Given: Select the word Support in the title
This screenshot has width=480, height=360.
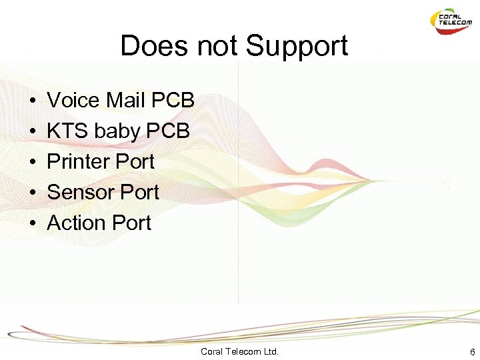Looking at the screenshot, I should click(297, 47).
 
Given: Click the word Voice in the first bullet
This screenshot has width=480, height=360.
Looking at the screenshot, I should click(73, 101).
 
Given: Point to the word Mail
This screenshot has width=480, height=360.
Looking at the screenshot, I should click(125, 101).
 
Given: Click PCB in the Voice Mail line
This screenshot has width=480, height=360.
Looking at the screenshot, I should click(173, 101).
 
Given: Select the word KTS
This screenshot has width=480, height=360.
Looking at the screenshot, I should click(67, 131).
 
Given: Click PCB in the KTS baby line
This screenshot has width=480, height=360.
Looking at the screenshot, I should click(171, 131).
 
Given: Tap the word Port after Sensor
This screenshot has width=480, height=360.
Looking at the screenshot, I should click(139, 193).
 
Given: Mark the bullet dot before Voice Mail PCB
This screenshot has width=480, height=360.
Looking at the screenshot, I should click(32, 101).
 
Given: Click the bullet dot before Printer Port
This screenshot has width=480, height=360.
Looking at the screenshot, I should click(32, 163).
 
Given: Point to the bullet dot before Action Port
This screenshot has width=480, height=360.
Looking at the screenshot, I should click(32, 224).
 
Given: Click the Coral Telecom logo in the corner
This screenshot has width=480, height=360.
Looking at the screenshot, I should click(451, 21).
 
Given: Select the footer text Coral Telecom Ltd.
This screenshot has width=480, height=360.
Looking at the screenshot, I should click(239, 351).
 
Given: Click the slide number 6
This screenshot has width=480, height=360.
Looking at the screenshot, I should click(472, 351).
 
